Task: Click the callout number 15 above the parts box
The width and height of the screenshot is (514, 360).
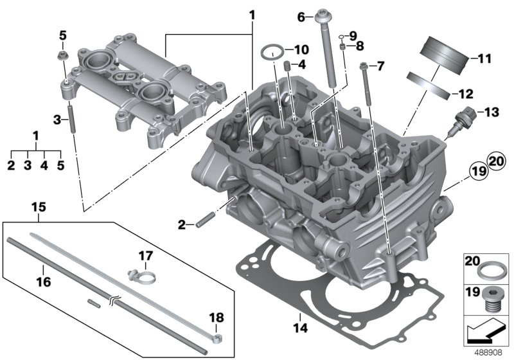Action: tap(39, 207)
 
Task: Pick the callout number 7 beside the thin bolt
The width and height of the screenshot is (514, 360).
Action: tap(380, 66)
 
